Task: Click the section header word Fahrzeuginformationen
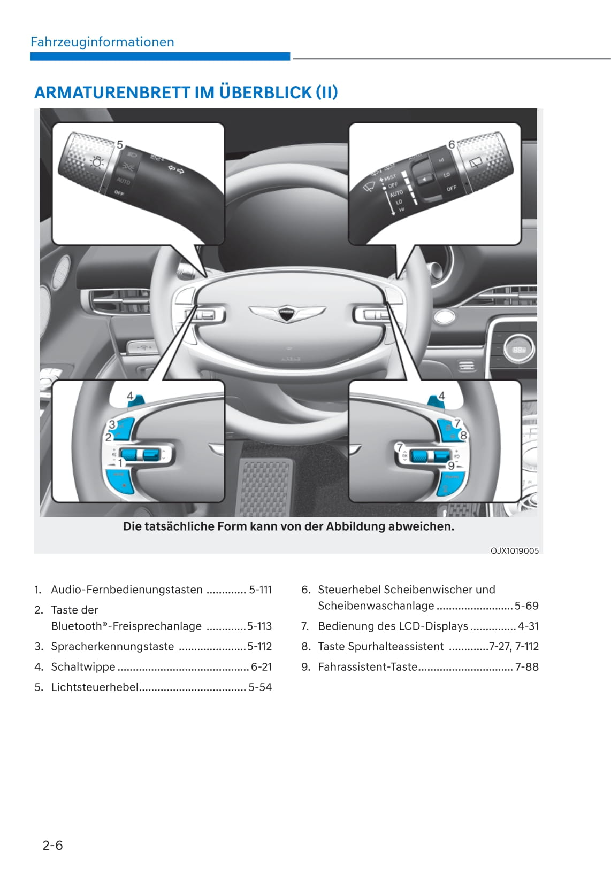[x=102, y=42]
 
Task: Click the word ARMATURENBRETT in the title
[x=112, y=92]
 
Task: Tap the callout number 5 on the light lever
[x=120, y=145]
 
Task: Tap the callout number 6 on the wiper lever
[x=452, y=144]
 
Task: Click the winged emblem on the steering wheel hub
[x=287, y=312]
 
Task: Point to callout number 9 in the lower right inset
[x=451, y=466]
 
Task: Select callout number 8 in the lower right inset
[x=463, y=435]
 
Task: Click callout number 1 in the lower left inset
[x=120, y=463]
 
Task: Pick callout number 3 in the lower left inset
[x=112, y=424]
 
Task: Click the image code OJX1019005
[x=514, y=550]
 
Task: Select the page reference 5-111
[x=261, y=590]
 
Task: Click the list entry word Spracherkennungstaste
[x=112, y=646]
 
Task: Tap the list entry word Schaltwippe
[x=83, y=666]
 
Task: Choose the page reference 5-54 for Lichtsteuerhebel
[x=260, y=687]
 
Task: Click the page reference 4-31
[x=528, y=626]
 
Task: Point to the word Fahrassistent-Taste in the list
[x=368, y=666]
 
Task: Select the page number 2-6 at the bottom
[x=52, y=845]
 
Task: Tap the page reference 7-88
[x=526, y=666]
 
